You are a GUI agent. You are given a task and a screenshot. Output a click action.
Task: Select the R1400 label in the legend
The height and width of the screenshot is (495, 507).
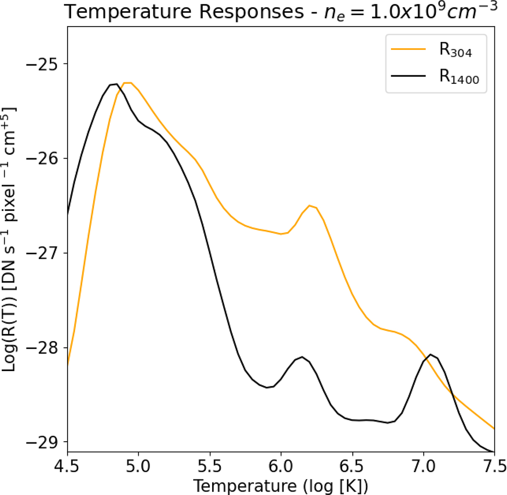pos(459,77)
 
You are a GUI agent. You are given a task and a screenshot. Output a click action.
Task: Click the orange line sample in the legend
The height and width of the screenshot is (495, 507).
pos(408,49)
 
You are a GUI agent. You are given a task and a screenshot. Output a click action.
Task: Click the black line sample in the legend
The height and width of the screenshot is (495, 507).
pos(408,77)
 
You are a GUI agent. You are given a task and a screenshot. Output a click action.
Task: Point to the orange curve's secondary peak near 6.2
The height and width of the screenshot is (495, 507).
pos(310,206)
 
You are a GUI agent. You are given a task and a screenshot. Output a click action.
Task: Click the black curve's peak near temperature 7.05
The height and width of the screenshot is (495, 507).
pos(431,355)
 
